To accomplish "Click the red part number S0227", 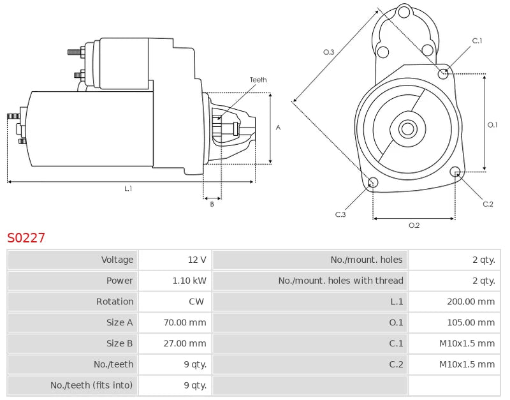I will (26, 238).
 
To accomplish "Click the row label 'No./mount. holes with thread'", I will (340, 281).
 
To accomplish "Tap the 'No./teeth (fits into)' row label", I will (92, 385).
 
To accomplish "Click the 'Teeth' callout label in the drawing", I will (258, 80).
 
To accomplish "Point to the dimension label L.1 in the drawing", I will (128, 189).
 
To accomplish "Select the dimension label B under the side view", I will (212, 204).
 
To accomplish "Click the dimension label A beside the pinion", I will (278, 128).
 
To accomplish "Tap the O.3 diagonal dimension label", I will (329, 52).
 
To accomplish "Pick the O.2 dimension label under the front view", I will (414, 225).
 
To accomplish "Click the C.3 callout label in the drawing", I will (340, 214).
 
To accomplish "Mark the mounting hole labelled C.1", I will (443, 73).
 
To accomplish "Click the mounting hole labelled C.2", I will (455, 172).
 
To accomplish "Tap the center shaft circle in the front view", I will (407, 129).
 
